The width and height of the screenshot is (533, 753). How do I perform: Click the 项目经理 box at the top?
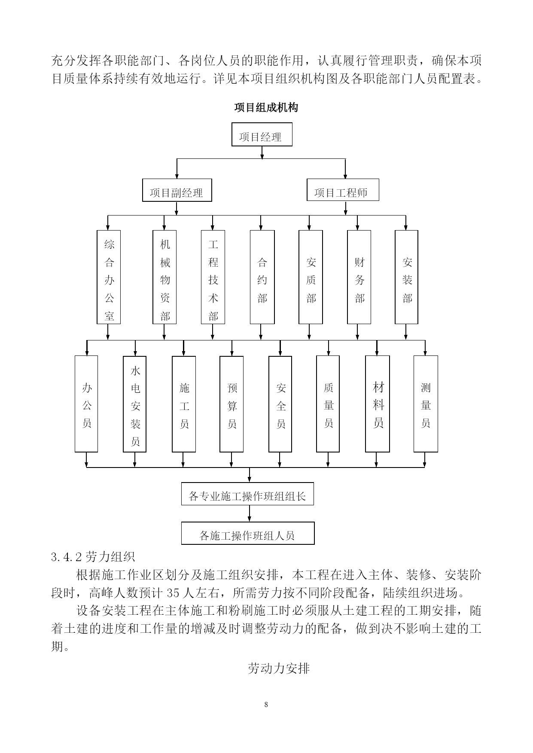(x=262, y=134)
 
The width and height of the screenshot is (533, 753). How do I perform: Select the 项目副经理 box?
(x=177, y=190)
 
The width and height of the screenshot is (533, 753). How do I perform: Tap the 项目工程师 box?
(x=343, y=190)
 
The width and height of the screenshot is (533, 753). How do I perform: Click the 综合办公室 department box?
(x=109, y=277)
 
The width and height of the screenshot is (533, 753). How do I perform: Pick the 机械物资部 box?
(x=164, y=277)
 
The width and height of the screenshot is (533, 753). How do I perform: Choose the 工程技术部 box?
(x=213, y=277)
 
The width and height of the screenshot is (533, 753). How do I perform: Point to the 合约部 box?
(x=262, y=277)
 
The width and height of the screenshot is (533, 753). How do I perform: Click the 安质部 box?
(x=311, y=277)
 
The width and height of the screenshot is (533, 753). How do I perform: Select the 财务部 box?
(x=359, y=277)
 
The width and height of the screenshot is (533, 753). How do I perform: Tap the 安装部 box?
(x=406, y=277)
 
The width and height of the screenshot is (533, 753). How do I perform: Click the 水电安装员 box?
(x=134, y=404)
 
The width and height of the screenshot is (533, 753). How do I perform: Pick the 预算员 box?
(x=231, y=404)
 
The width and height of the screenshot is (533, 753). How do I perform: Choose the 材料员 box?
(x=378, y=404)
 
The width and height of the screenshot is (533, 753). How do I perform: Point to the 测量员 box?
(x=426, y=404)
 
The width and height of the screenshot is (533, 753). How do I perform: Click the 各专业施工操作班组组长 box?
(x=247, y=494)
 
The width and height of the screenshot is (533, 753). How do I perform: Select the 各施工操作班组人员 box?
(x=248, y=533)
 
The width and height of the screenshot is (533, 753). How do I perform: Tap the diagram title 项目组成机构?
(x=266, y=107)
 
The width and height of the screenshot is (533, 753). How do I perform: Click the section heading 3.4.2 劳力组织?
(x=93, y=557)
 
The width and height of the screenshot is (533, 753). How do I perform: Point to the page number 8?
(x=266, y=704)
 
